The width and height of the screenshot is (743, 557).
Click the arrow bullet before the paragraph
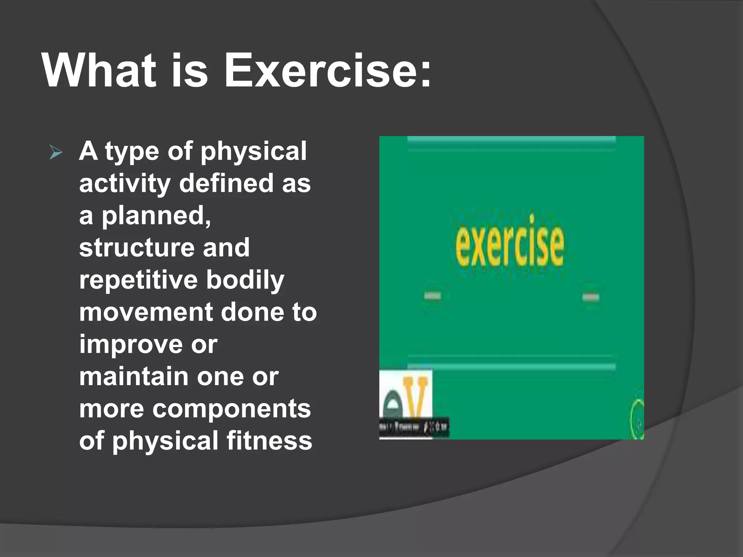[56, 153]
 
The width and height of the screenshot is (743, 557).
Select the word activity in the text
[125, 183]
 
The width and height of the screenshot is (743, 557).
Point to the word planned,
[156, 216]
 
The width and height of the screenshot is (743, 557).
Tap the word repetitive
[138, 280]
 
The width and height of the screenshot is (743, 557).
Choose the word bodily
[245, 280]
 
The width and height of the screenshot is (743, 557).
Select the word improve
[131, 344]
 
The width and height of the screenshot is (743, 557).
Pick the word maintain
[133, 376]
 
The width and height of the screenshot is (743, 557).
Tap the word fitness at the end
[269, 441]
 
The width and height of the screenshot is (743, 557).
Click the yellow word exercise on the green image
[509, 241]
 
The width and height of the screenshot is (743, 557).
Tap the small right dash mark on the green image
[591, 297]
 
